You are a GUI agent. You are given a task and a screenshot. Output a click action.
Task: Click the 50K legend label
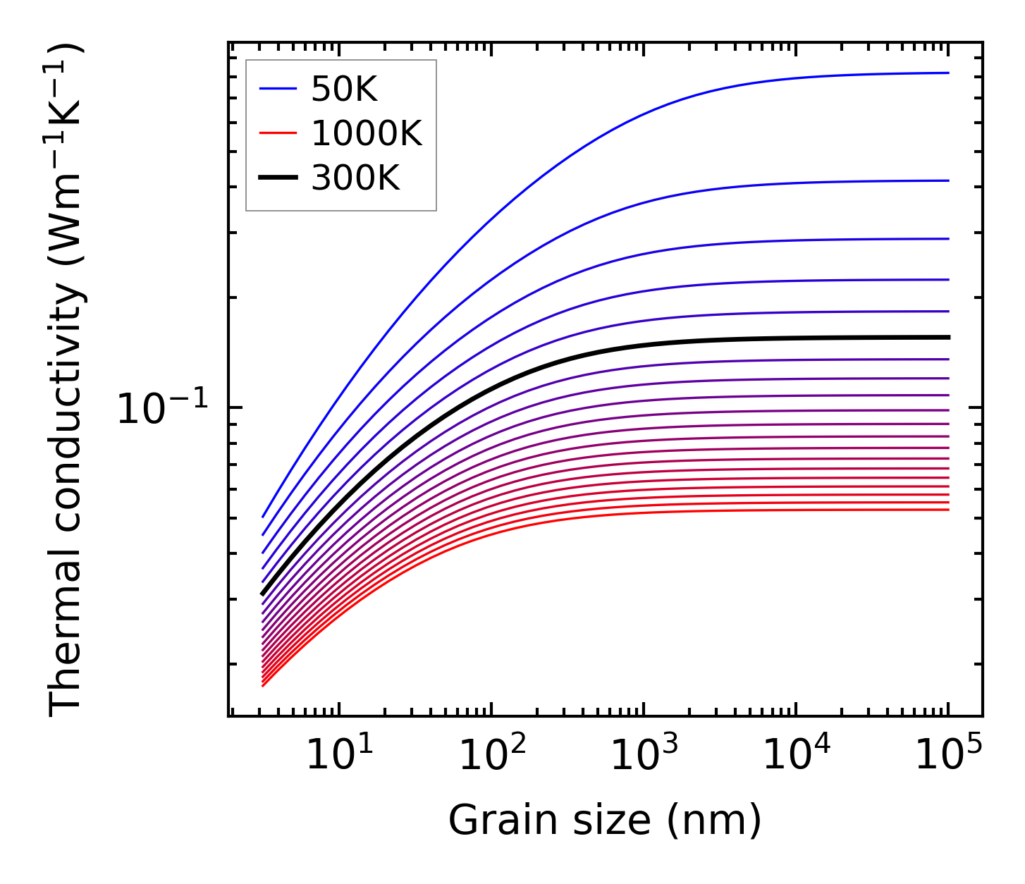tap(345, 90)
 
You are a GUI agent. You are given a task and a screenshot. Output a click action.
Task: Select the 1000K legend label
tap(367, 134)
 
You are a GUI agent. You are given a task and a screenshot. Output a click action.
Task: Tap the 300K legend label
tap(355, 178)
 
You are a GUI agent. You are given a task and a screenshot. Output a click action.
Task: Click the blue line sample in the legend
tap(278, 89)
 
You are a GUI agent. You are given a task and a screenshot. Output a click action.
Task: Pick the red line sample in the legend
tap(278, 133)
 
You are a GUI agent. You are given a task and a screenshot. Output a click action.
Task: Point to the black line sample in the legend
tap(278, 178)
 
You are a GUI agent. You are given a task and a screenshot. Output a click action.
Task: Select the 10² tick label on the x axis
tap(491, 756)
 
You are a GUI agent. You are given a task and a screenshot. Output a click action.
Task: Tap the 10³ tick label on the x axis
tap(644, 756)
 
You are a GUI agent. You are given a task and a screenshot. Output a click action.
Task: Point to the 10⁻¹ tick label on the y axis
tap(163, 409)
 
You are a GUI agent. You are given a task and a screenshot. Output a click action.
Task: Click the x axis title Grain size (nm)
tap(605, 821)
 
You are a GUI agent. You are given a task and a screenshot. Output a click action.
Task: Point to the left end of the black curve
tap(262, 594)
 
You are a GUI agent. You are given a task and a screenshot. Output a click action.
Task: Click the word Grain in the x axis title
tap(484, 821)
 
